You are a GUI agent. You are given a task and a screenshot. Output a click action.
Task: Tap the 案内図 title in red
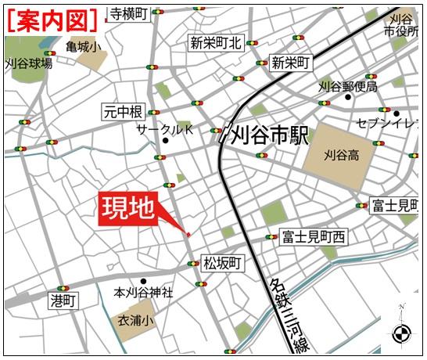click(x=54, y=18)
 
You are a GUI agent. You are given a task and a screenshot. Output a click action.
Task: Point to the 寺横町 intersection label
click(x=127, y=13)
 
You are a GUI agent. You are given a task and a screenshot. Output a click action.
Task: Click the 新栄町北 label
click(x=216, y=44)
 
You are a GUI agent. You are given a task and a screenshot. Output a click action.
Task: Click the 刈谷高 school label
click(x=342, y=156)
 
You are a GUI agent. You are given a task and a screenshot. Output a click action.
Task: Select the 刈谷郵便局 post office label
click(x=348, y=87)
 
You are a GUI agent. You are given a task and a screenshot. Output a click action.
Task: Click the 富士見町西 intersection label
click(x=314, y=236)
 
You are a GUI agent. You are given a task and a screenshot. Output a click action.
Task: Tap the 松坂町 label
click(x=222, y=262)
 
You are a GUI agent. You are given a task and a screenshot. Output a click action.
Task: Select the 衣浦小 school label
click(x=136, y=320)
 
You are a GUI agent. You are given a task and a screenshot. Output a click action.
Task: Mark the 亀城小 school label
click(x=83, y=47)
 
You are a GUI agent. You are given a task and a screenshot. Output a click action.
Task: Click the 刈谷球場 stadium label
click(x=29, y=63)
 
